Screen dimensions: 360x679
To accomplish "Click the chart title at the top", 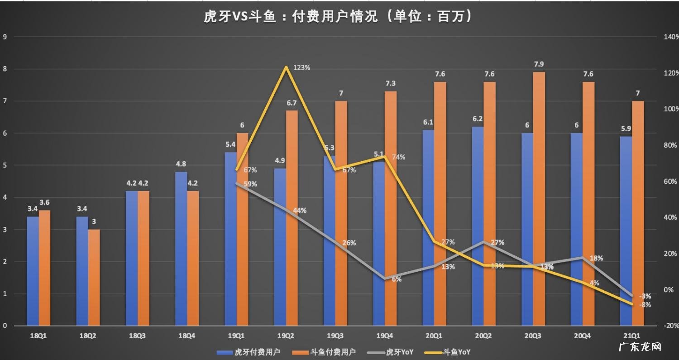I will [x=338, y=17].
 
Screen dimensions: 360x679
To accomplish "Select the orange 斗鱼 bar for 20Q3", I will [x=539, y=199].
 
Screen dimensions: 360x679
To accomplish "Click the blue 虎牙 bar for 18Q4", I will [x=181, y=249].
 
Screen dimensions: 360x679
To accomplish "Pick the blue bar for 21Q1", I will [x=626, y=231].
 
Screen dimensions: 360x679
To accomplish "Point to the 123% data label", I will [x=301, y=67].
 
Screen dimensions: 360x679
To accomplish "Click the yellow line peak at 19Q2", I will [x=286, y=67].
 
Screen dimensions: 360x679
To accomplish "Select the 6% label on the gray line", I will [x=397, y=279].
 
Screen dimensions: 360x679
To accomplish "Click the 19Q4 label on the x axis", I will [x=384, y=336].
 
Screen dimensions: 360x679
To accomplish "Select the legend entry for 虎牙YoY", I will [x=390, y=352].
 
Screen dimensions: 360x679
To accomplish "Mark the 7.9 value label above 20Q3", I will [x=539, y=64].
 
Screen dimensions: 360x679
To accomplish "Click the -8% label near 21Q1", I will [x=645, y=305].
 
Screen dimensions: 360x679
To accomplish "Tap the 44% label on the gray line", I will [x=300, y=211].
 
